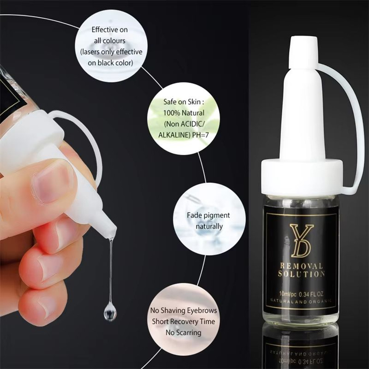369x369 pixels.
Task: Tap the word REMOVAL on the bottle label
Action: point(301,266)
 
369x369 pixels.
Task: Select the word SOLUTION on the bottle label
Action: point(301,274)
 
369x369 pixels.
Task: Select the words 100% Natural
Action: point(183,113)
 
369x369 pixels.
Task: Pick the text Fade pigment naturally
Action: point(208,220)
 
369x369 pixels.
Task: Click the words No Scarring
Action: point(183,332)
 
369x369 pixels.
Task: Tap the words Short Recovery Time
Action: point(183,321)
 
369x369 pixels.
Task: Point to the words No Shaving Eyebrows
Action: point(183,310)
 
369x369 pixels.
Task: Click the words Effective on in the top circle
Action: point(110,30)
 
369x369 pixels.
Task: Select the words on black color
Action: point(110,63)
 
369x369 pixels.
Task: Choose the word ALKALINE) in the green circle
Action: point(174,135)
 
